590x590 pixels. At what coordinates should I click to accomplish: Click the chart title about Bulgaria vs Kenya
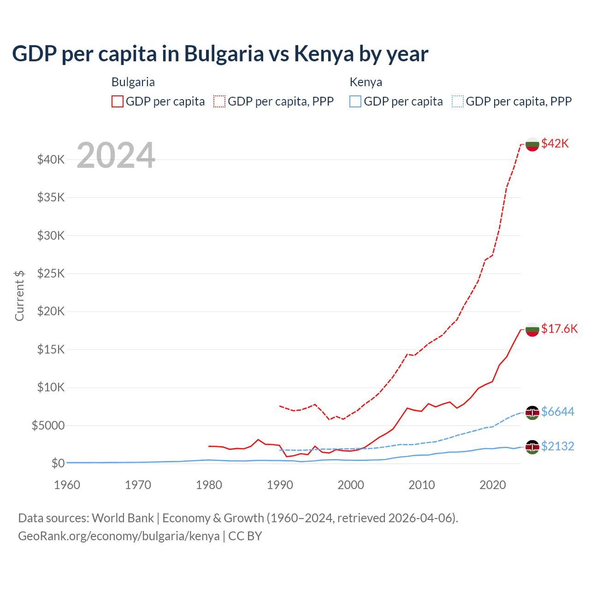coord(220,53)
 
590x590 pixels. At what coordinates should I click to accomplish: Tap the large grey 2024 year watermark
coord(116,155)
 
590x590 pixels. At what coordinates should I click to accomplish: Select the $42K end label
coord(555,143)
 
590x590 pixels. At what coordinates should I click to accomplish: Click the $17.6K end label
coord(559,329)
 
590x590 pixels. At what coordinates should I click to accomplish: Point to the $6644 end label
coord(557,412)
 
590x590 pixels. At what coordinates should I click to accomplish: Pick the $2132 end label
coord(557,446)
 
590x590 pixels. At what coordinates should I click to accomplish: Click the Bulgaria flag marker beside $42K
coord(532,144)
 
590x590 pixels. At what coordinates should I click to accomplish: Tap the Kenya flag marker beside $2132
coord(532,447)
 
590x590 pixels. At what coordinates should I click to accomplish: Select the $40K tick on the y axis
coord(51,160)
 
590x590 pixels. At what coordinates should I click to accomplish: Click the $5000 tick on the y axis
coord(48,425)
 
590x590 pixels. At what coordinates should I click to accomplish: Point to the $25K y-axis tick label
coord(51,274)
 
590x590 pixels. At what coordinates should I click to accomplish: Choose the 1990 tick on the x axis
coord(280,485)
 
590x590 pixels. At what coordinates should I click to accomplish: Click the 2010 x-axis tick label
coord(422,485)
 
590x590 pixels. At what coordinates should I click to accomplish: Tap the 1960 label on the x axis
coord(67,485)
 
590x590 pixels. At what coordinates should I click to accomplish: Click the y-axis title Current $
coord(19,295)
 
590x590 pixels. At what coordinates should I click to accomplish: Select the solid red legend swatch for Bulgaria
coord(118,101)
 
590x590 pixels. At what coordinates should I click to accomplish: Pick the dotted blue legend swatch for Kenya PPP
coord(458,101)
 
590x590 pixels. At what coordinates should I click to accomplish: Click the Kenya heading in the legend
coord(366,82)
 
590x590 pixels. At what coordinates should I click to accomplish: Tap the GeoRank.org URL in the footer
coord(119,536)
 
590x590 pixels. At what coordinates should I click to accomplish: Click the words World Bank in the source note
coord(123,518)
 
